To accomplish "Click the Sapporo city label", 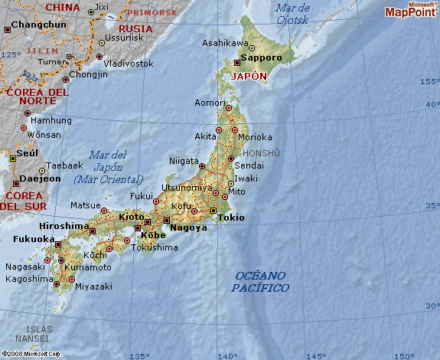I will [261, 57].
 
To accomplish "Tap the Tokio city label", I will [231, 218].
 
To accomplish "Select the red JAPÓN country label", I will [249, 77].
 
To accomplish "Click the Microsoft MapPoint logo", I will [410, 10].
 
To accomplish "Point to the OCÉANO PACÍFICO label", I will [261, 282].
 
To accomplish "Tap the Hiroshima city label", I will [64, 226].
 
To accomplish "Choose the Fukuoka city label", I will [34, 239].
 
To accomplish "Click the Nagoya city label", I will [188, 227].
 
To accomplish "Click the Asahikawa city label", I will [225, 43].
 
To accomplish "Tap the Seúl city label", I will [28, 152].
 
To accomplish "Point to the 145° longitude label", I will [316, 355].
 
